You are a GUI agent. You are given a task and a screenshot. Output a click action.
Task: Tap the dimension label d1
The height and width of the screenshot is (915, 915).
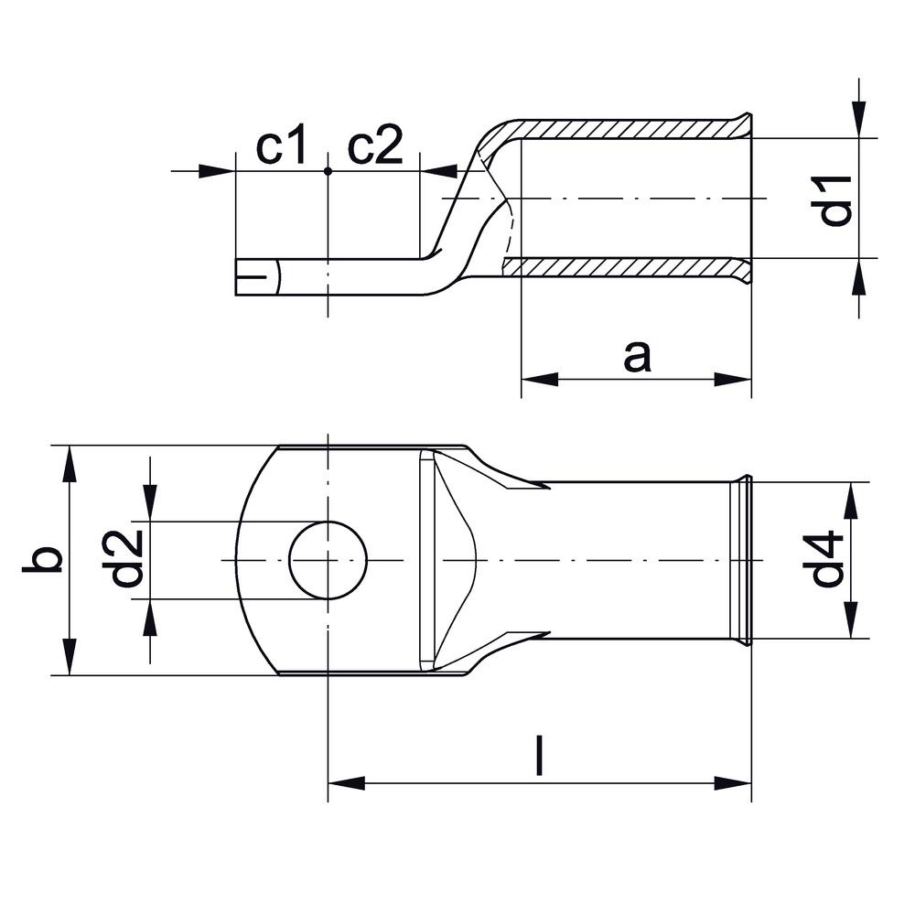[x=835, y=200]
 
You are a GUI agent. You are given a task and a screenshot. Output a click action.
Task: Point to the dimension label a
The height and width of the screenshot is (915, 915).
[x=637, y=357]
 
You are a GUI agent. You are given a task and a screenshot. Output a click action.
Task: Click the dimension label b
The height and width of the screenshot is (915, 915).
[x=42, y=560]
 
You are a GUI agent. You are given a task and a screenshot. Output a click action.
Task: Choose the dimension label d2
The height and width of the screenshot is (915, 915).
[x=125, y=558]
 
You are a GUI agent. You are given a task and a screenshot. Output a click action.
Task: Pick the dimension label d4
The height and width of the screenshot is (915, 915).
[x=827, y=559]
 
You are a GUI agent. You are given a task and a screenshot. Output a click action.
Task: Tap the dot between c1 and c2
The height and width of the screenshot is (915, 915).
[x=328, y=171]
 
